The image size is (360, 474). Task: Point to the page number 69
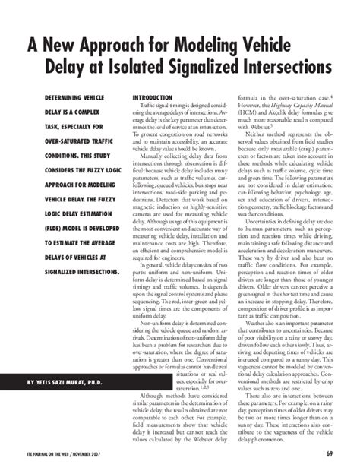coord(330,455)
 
